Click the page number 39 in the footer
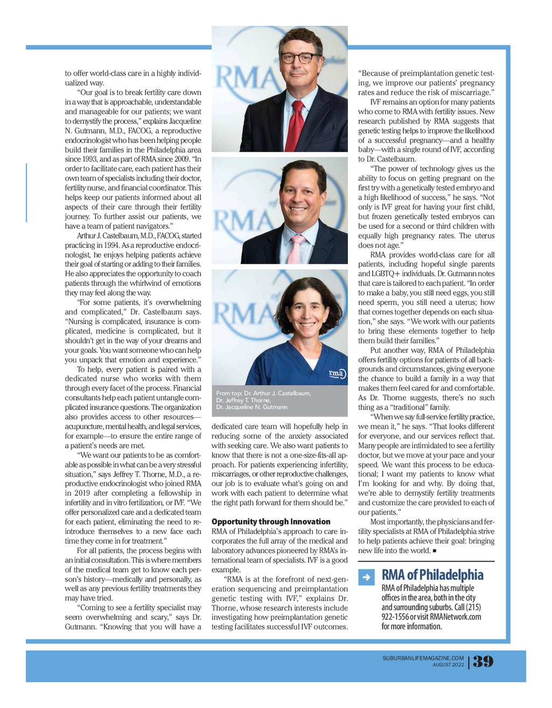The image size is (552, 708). click(483, 662)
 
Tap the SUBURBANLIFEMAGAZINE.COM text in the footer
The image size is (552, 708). click(423, 658)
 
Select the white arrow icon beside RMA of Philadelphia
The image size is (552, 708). click(366, 577)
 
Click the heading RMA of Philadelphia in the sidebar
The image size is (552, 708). click(432, 575)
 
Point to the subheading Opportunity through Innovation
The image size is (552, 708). click(271, 521)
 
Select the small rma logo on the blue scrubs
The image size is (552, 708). click(337, 373)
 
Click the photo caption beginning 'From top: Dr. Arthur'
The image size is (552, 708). click(263, 400)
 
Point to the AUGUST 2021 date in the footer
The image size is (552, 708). click(448, 665)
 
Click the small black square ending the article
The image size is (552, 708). click(434, 551)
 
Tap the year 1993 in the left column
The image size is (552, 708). click(87, 159)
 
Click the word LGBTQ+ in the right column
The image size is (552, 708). click(382, 274)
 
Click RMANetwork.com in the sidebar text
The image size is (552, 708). click(455, 617)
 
